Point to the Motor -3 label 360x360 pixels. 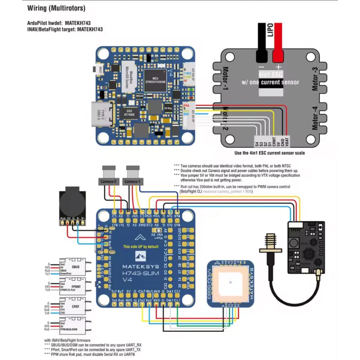315,79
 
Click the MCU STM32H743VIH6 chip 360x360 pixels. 156,80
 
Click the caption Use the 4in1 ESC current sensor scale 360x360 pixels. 270,153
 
